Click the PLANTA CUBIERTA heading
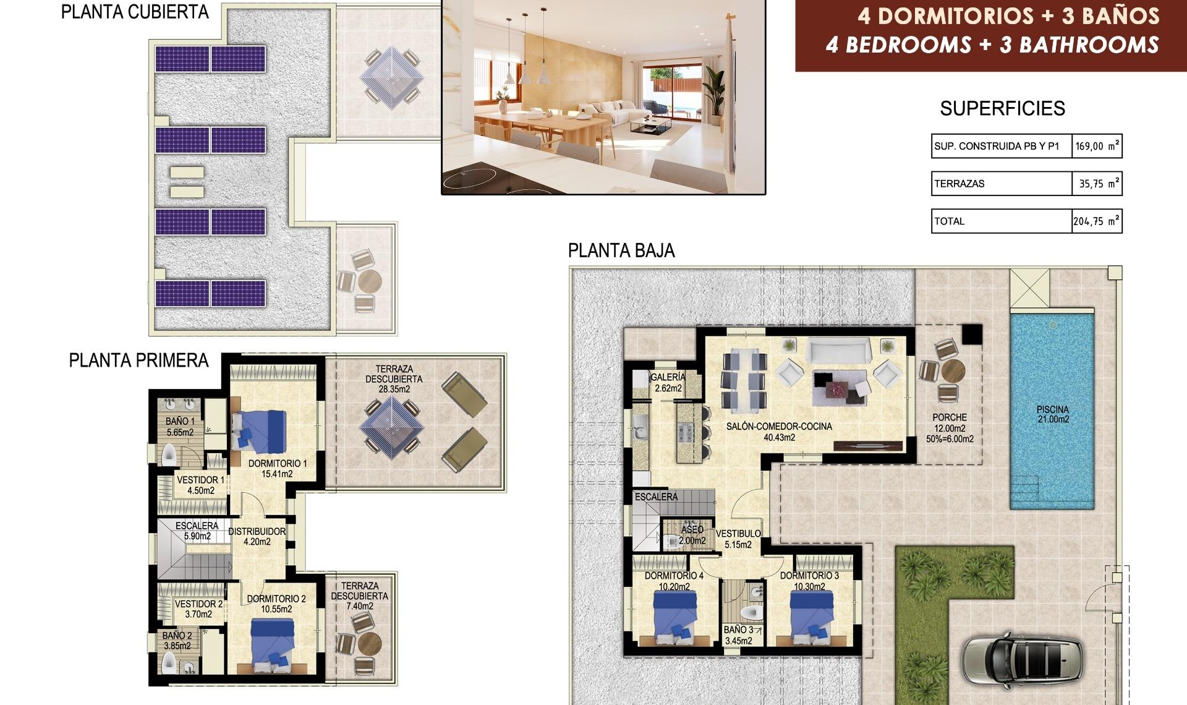[135, 12]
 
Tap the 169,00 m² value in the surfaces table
[1096, 147]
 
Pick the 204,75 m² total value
[1096, 221]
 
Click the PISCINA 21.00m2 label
[1053, 414]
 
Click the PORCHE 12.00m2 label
[950, 428]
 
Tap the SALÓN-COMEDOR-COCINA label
[779, 432]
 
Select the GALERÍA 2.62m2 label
[668, 382]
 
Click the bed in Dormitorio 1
[260, 430]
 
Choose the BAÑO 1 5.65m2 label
[180, 427]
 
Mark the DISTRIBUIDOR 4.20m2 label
[257, 536]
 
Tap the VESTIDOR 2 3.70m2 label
[198, 609]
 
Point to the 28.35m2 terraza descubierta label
[394, 378]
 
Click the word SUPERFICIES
[1002, 109]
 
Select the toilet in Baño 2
[169, 664]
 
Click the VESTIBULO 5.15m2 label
[738, 539]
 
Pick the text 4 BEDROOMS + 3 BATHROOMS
[992, 45]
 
